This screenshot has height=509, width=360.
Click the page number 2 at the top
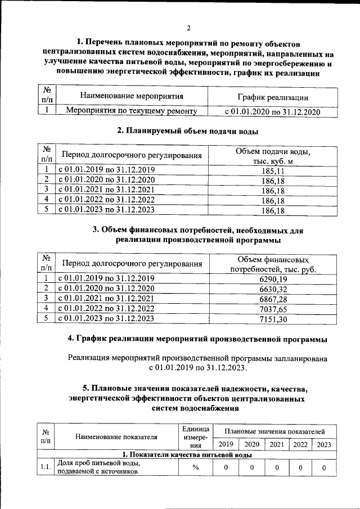pos(189,29)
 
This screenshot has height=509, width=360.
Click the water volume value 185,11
pos(273,170)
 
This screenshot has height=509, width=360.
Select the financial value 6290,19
pos(273,278)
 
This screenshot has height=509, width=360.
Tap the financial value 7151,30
pos(273,319)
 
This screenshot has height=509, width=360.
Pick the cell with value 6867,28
pos(273,299)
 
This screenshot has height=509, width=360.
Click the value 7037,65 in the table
pos(273,309)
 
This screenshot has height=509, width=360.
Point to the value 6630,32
pos(273,289)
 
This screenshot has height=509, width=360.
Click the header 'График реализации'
pos(272,97)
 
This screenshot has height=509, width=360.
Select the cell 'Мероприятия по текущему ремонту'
pos(132,111)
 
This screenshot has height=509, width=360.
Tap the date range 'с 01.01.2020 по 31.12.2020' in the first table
pos(272,111)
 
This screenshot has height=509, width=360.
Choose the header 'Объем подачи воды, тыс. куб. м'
pos(273,156)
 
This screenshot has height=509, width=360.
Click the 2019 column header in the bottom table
pos(225,444)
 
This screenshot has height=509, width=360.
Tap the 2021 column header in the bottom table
pos(276,444)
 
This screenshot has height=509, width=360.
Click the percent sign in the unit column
pos(195,467)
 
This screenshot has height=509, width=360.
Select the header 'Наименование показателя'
pos(116,436)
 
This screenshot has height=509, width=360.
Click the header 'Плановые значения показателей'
pos(274,431)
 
